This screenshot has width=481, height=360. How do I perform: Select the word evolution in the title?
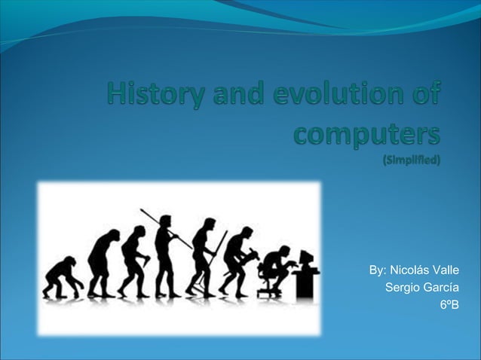point(328,97)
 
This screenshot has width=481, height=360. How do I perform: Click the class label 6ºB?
point(449,306)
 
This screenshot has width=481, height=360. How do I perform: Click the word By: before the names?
point(378,270)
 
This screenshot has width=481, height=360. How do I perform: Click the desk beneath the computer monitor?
point(305,282)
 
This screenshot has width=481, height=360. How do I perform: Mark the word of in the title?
point(425,97)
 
